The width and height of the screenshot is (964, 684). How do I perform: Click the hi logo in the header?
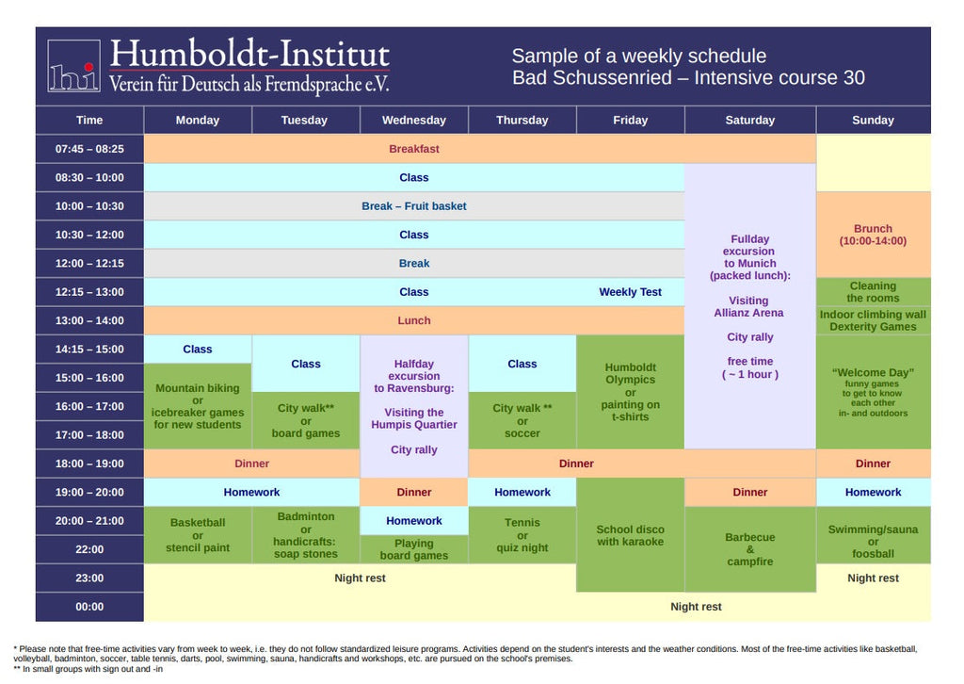73,67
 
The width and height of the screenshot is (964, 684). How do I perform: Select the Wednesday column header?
413,120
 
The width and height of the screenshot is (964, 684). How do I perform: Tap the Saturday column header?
749,120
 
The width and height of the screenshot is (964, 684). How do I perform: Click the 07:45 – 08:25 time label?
89,149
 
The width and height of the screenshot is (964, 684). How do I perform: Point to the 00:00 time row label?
89,607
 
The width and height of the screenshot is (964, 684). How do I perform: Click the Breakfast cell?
414,149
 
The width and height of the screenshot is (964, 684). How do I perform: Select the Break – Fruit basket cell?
414,206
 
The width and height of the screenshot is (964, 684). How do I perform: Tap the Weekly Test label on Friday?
630,292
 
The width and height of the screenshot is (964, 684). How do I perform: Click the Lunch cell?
414,320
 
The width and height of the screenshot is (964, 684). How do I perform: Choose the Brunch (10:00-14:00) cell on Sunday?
873,235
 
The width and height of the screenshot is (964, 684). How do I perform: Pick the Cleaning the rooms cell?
873,292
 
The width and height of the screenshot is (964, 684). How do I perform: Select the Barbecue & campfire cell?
749,549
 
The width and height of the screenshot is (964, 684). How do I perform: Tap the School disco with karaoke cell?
630,535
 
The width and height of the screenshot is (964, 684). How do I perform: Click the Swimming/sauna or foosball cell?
873,542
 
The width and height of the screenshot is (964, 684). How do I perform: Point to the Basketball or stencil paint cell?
198,535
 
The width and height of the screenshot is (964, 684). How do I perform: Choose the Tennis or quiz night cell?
522,535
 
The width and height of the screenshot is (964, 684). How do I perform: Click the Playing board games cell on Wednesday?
414,549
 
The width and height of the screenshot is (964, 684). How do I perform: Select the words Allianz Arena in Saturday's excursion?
748,313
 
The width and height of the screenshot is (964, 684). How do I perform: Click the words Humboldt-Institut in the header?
249,54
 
